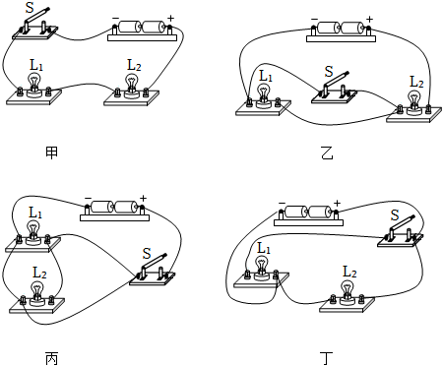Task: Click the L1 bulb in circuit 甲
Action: [33, 85]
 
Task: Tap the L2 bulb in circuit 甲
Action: [132, 86]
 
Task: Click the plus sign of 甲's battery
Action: [171, 18]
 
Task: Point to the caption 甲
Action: [52, 152]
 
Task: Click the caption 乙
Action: [327, 152]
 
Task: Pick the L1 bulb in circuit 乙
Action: [263, 95]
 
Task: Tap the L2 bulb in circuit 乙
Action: [414, 102]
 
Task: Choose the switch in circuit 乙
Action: [334, 91]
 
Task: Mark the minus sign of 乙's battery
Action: [314, 20]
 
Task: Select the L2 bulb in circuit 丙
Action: [37, 294]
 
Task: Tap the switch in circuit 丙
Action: [152, 272]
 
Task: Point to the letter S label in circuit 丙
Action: [147, 254]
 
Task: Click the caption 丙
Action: [52, 358]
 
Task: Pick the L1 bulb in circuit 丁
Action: [262, 268]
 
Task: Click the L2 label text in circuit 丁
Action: [349, 272]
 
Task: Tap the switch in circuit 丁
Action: [400, 233]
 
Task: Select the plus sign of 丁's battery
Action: [337, 204]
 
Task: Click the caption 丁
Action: [327, 358]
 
